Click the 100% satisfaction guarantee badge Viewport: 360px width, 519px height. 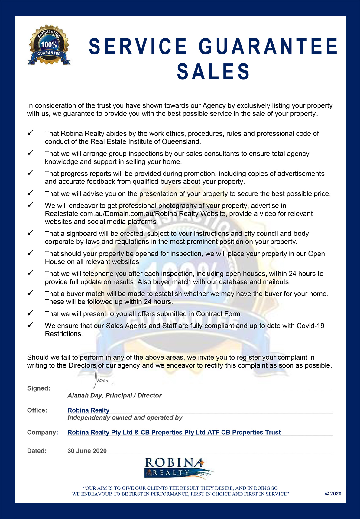coord(49,45)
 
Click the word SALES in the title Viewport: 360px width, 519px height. coord(213,72)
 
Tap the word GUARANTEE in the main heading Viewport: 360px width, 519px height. coord(268,47)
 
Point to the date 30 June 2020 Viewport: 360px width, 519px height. coord(87,451)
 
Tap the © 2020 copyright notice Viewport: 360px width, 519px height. coord(333,494)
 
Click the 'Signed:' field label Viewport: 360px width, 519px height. coord(39,388)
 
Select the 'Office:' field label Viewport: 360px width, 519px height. coord(37,410)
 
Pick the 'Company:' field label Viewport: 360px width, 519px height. coord(43,432)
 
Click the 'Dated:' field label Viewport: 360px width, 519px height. coord(37,451)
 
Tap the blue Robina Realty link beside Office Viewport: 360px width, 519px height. coord(88,410)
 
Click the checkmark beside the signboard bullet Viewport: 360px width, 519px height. coord(30,233)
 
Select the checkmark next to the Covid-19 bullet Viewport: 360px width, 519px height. coord(30,325)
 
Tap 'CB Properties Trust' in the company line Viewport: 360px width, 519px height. coord(251,432)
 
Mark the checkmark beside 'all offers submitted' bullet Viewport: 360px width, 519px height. coord(30,313)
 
